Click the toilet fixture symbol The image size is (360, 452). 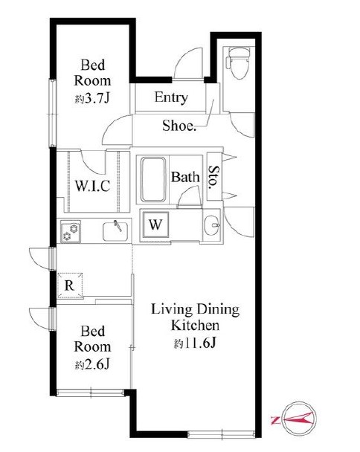tap(238, 63)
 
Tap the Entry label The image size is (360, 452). tap(171, 97)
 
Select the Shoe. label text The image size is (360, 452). tap(179, 126)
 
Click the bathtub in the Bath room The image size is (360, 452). tap(153, 180)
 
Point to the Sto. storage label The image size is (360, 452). tap(214, 177)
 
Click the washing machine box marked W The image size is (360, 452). tap(155, 225)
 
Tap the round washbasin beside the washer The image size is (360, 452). tap(212, 225)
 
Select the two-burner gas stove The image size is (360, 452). tap(71, 231)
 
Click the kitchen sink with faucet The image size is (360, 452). tap(115, 231)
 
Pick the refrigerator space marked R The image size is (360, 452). tap(69, 285)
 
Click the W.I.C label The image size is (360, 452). tap(92, 186)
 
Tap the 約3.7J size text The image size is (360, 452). tap(92, 99)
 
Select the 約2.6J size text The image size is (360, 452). tap(92, 365)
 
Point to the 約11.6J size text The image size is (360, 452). tap(195, 343)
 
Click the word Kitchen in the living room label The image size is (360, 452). tap(195, 326)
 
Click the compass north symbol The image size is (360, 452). tap(299, 418)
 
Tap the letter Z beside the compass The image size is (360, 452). tap(275, 420)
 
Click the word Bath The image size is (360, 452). tap(185, 177)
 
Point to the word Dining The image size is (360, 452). tap(218, 310)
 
